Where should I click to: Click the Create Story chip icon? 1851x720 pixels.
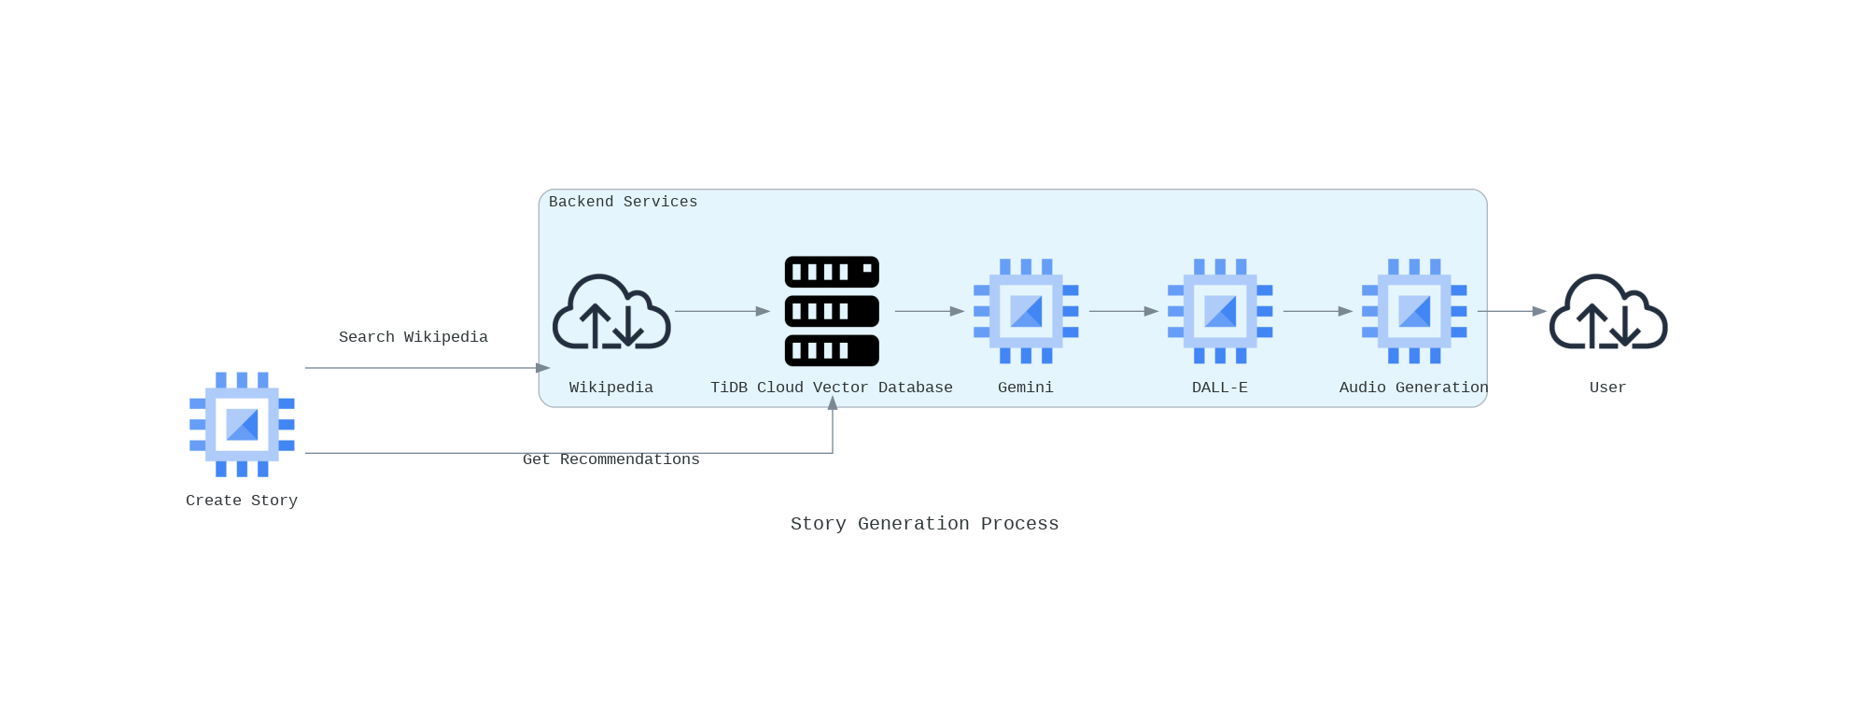[242, 424]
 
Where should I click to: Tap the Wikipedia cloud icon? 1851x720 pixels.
[611, 312]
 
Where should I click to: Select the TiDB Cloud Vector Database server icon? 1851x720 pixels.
[832, 311]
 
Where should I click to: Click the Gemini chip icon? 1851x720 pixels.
[1026, 311]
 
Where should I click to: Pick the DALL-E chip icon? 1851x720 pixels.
[1220, 311]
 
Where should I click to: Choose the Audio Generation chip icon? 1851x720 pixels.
[1414, 311]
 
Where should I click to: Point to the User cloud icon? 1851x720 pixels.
[1608, 312]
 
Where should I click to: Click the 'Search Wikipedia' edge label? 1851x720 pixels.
[414, 337]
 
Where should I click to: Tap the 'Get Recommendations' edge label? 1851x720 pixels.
[611, 459]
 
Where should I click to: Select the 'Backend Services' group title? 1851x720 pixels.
[623, 202]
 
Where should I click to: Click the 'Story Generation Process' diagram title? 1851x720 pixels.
[925, 524]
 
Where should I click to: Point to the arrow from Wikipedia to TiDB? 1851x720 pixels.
[722, 311]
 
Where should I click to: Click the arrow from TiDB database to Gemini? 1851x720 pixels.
[930, 311]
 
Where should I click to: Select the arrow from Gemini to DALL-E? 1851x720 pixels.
[1124, 311]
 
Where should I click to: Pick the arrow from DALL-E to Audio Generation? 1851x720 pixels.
[1318, 311]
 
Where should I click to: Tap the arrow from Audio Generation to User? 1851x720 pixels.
[1512, 311]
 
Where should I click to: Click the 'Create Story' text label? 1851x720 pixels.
[242, 501]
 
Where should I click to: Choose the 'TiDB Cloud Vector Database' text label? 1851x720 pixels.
[832, 388]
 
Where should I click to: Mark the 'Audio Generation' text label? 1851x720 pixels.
[1414, 388]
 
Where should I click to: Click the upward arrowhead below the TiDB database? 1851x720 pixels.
[833, 402]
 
